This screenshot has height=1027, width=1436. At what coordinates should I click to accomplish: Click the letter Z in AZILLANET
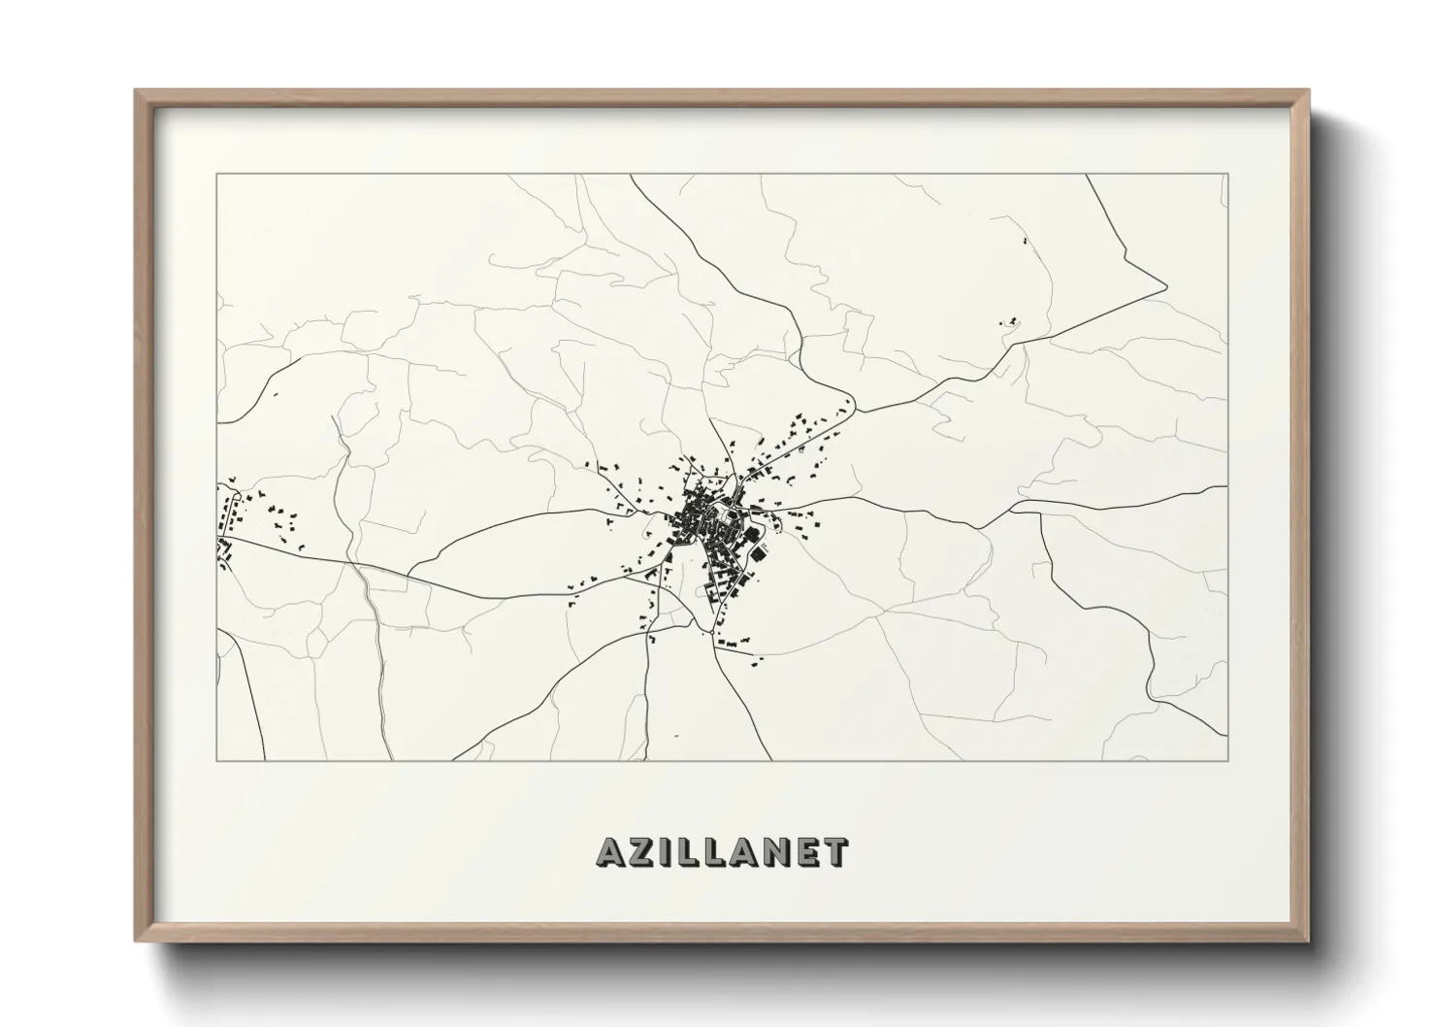pos(644,851)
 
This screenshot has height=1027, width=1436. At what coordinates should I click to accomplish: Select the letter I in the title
pos(669,851)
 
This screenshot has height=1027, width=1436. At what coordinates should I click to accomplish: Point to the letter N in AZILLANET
pos(775,851)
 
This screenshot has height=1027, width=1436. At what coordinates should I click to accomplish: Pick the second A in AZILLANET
pos(744,851)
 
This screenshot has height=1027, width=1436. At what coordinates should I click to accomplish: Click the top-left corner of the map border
pos(216,174)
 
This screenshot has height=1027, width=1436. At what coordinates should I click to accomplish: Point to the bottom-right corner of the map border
pos(1227,760)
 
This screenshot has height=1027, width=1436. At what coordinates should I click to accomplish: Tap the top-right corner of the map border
pos(1227,174)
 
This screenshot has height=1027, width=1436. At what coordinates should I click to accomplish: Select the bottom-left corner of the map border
pos(216,760)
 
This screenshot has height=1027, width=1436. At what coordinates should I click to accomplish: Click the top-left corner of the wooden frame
pos(136,90)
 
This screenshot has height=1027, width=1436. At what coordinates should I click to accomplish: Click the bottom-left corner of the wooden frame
pos(136,943)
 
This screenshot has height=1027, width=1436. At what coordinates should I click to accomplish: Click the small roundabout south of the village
pos(700,632)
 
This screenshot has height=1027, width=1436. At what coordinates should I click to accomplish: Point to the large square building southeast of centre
pos(756,554)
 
